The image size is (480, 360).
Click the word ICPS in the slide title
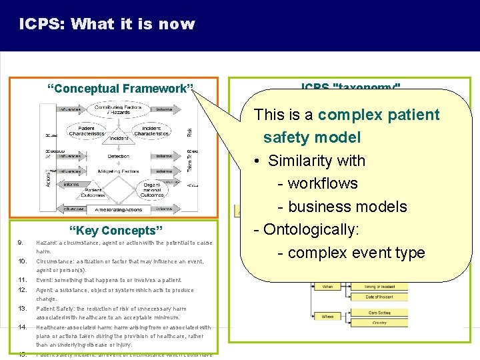[41, 25]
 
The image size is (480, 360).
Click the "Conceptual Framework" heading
[120, 89]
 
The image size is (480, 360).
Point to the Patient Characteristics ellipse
[86, 130]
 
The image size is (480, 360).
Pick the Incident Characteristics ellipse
[151, 130]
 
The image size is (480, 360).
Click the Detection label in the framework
[118, 156]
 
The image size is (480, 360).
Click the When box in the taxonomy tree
[327, 286]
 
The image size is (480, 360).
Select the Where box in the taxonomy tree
[327, 317]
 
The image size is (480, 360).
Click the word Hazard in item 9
[45, 243]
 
